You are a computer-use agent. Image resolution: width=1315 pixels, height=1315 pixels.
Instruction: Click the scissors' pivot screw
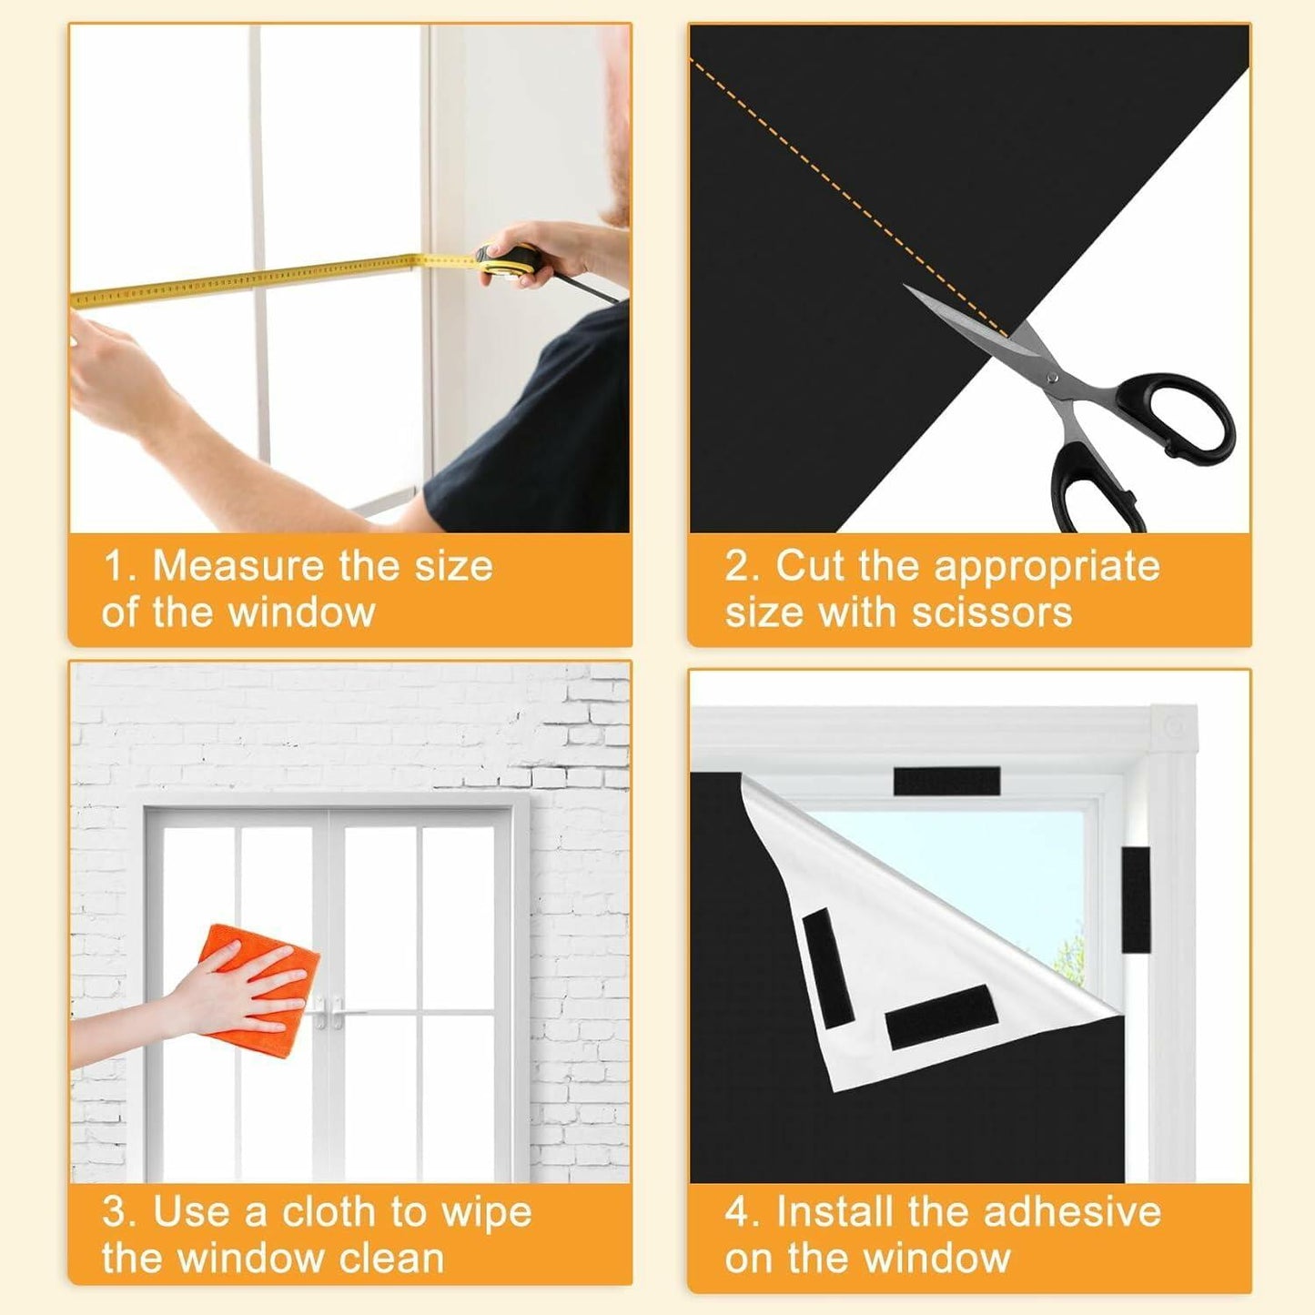(1053, 376)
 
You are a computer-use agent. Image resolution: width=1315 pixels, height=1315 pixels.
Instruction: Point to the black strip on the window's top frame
(946, 781)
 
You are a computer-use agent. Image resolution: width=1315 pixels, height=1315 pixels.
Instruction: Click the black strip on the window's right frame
(1136, 899)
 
